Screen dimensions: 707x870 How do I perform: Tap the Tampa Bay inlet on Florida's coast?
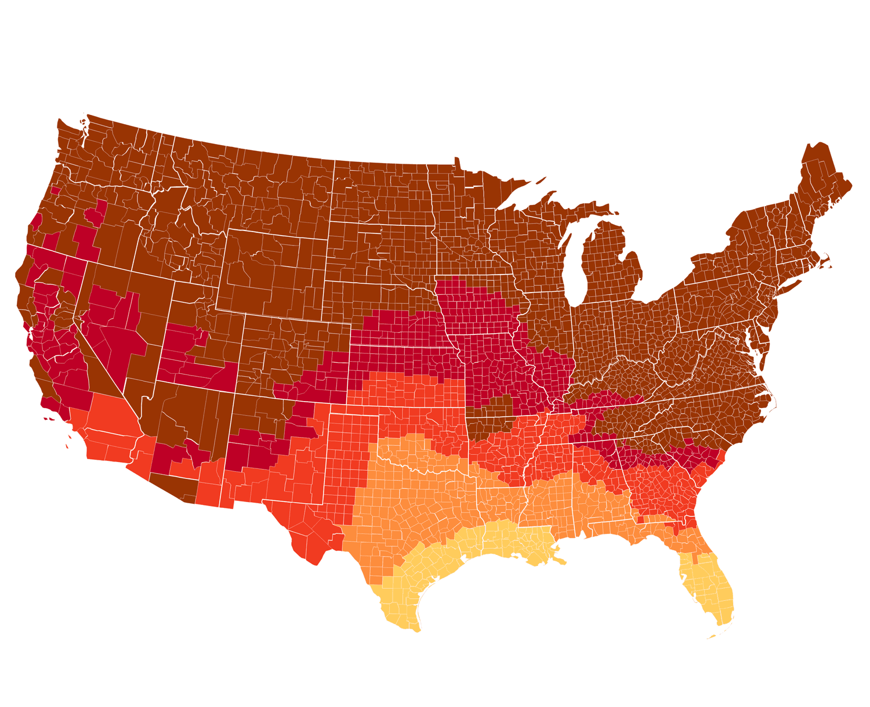coord(684,583)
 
